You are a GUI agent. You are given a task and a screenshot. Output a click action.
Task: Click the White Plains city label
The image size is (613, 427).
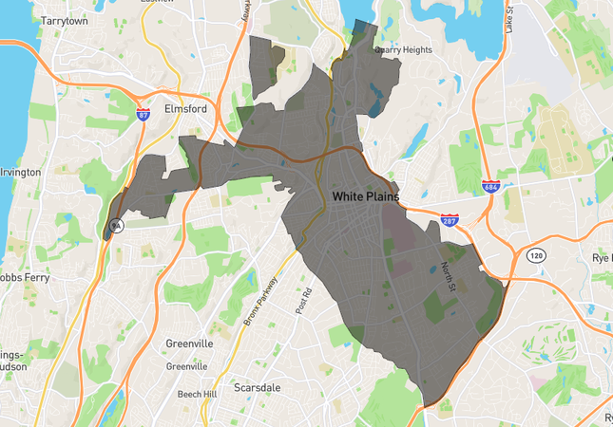[x=366, y=196]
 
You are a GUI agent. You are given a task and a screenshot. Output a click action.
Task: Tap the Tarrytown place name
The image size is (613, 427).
[x=65, y=19]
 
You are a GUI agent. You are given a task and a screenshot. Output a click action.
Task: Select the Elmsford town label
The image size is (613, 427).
[x=184, y=109]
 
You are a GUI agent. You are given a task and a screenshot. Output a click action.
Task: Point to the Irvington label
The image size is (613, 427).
[x=20, y=172]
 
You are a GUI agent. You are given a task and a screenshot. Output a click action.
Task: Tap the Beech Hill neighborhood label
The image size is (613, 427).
[x=198, y=394]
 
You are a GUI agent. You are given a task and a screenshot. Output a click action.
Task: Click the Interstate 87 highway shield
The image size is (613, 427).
[x=143, y=115]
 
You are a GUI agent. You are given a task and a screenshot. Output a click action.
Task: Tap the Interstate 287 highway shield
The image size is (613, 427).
[x=450, y=220]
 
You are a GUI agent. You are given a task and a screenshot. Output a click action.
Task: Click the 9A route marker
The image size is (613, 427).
[x=116, y=226]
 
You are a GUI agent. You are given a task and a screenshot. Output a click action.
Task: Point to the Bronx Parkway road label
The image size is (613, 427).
[x=259, y=301]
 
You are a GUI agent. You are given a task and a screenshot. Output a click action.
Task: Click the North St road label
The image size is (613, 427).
[x=448, y=276]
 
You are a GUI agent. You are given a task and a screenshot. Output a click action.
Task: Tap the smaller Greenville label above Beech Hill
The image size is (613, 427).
[x=187, y=366]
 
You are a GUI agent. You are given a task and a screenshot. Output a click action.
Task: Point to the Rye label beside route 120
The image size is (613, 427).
[x=601, y=257]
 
